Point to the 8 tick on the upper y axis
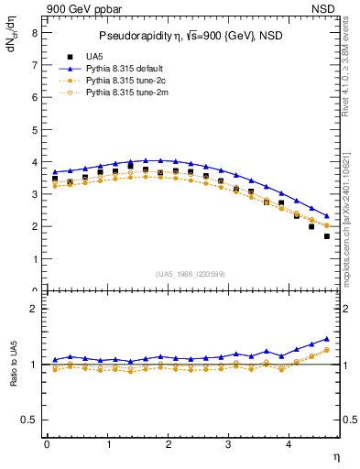[x=34, y=31]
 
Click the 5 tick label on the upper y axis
[x=34, y=129]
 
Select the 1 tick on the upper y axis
[x=34, y=259]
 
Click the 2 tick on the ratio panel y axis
[x=34, y=309]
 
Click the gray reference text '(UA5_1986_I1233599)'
[x=191, y=275]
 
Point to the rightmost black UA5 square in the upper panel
[x=327, y=236]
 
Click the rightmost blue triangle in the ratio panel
[x=327, y=338]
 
